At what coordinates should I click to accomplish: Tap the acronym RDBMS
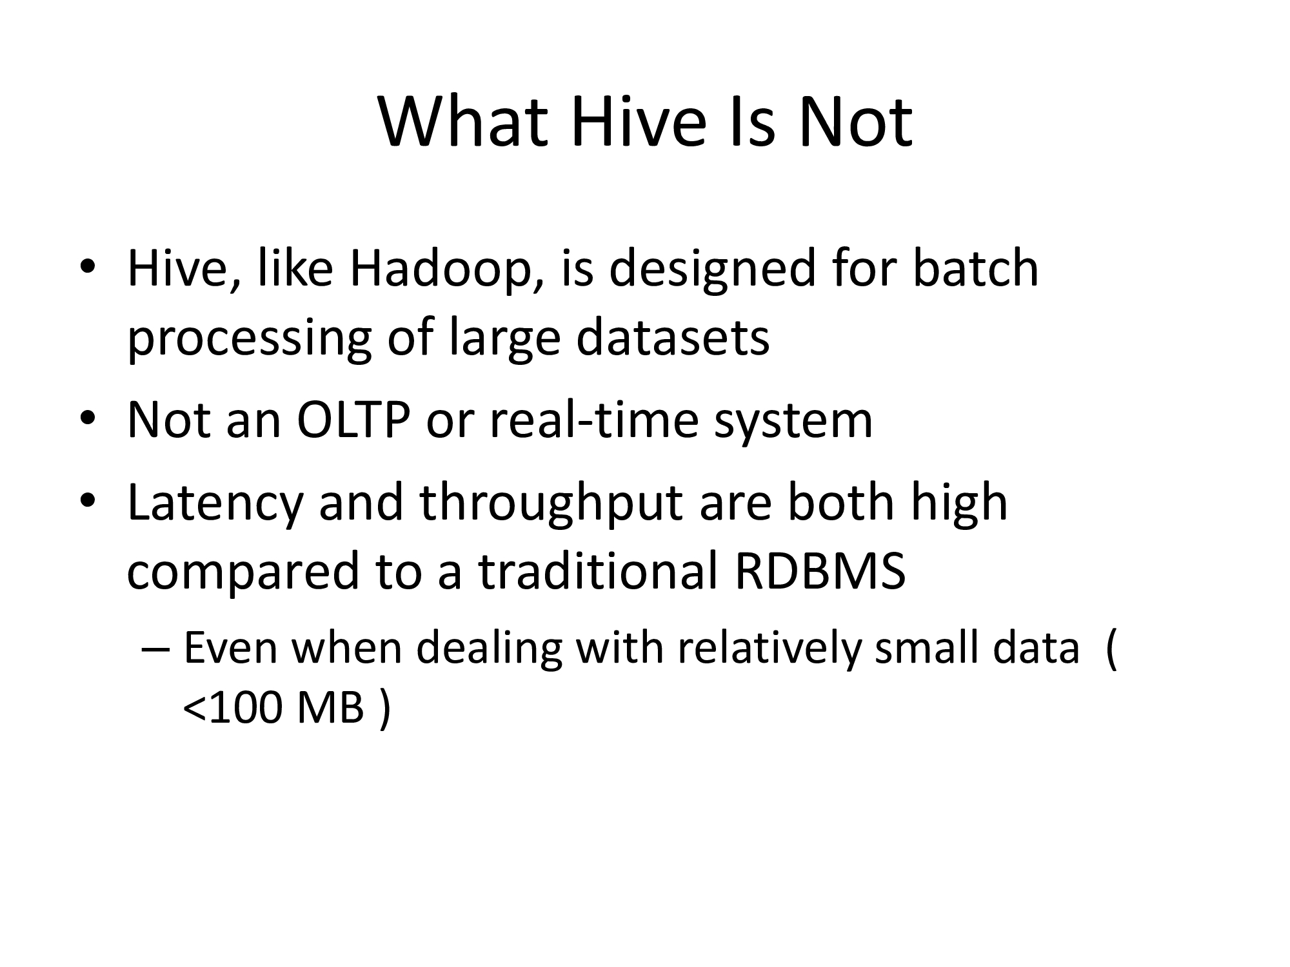[819, 571]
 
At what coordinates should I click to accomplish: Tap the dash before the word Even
[155, 651]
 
